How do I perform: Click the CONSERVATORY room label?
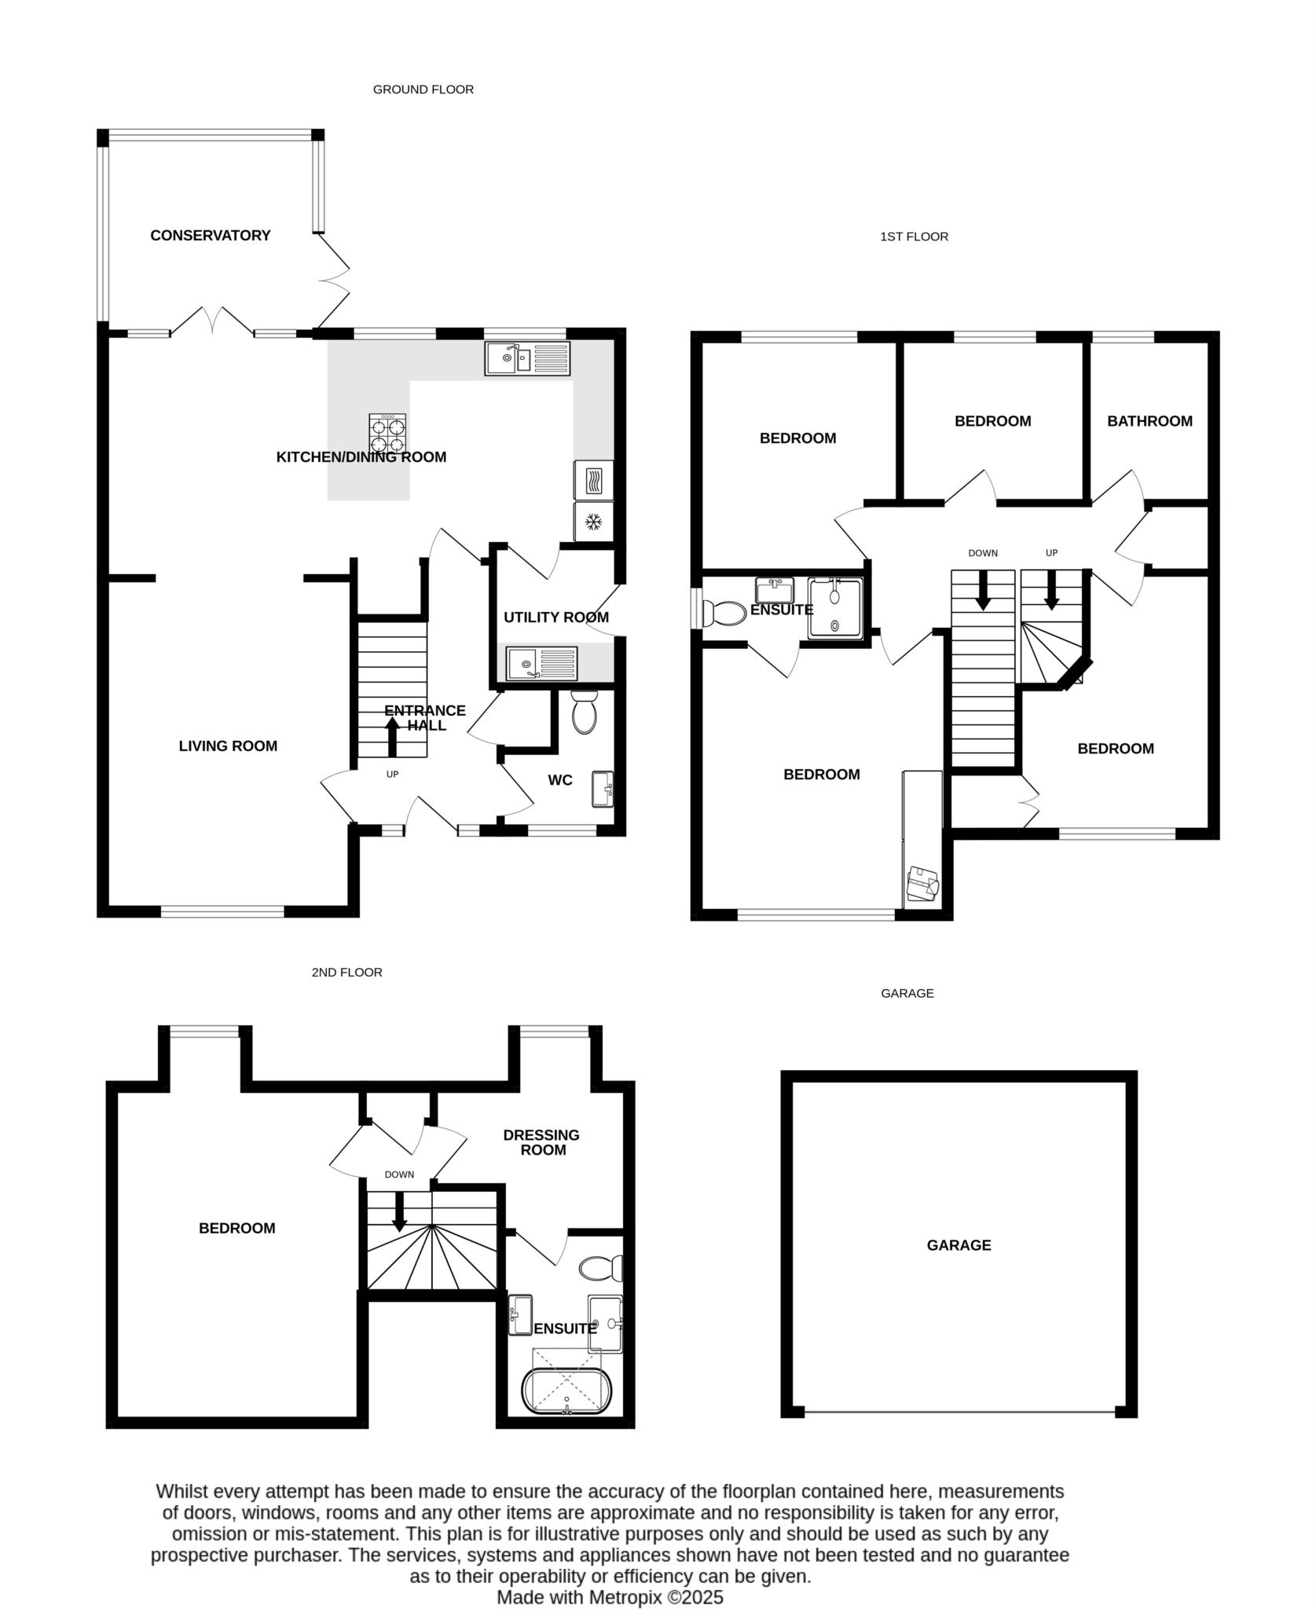click(210, 236)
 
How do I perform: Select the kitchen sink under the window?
click(526, 359)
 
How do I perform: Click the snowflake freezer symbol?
click(594, 522)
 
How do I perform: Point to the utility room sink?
click(541, 664)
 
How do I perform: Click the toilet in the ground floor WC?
click(584, 713)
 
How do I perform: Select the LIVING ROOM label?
click(228, 746)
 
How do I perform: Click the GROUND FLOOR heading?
click(423, 90)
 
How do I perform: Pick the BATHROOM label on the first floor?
click(1149, 421)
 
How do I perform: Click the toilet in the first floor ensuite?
click(724, 613)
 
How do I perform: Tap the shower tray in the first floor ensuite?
click(834, 607)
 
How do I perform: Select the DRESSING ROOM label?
click(541, 1142)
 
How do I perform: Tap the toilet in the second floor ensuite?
click(601, 1267)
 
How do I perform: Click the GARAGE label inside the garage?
click(959, 1245)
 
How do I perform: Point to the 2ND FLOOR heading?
click(346, 973)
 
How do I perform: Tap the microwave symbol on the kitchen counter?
click(594, 479)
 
